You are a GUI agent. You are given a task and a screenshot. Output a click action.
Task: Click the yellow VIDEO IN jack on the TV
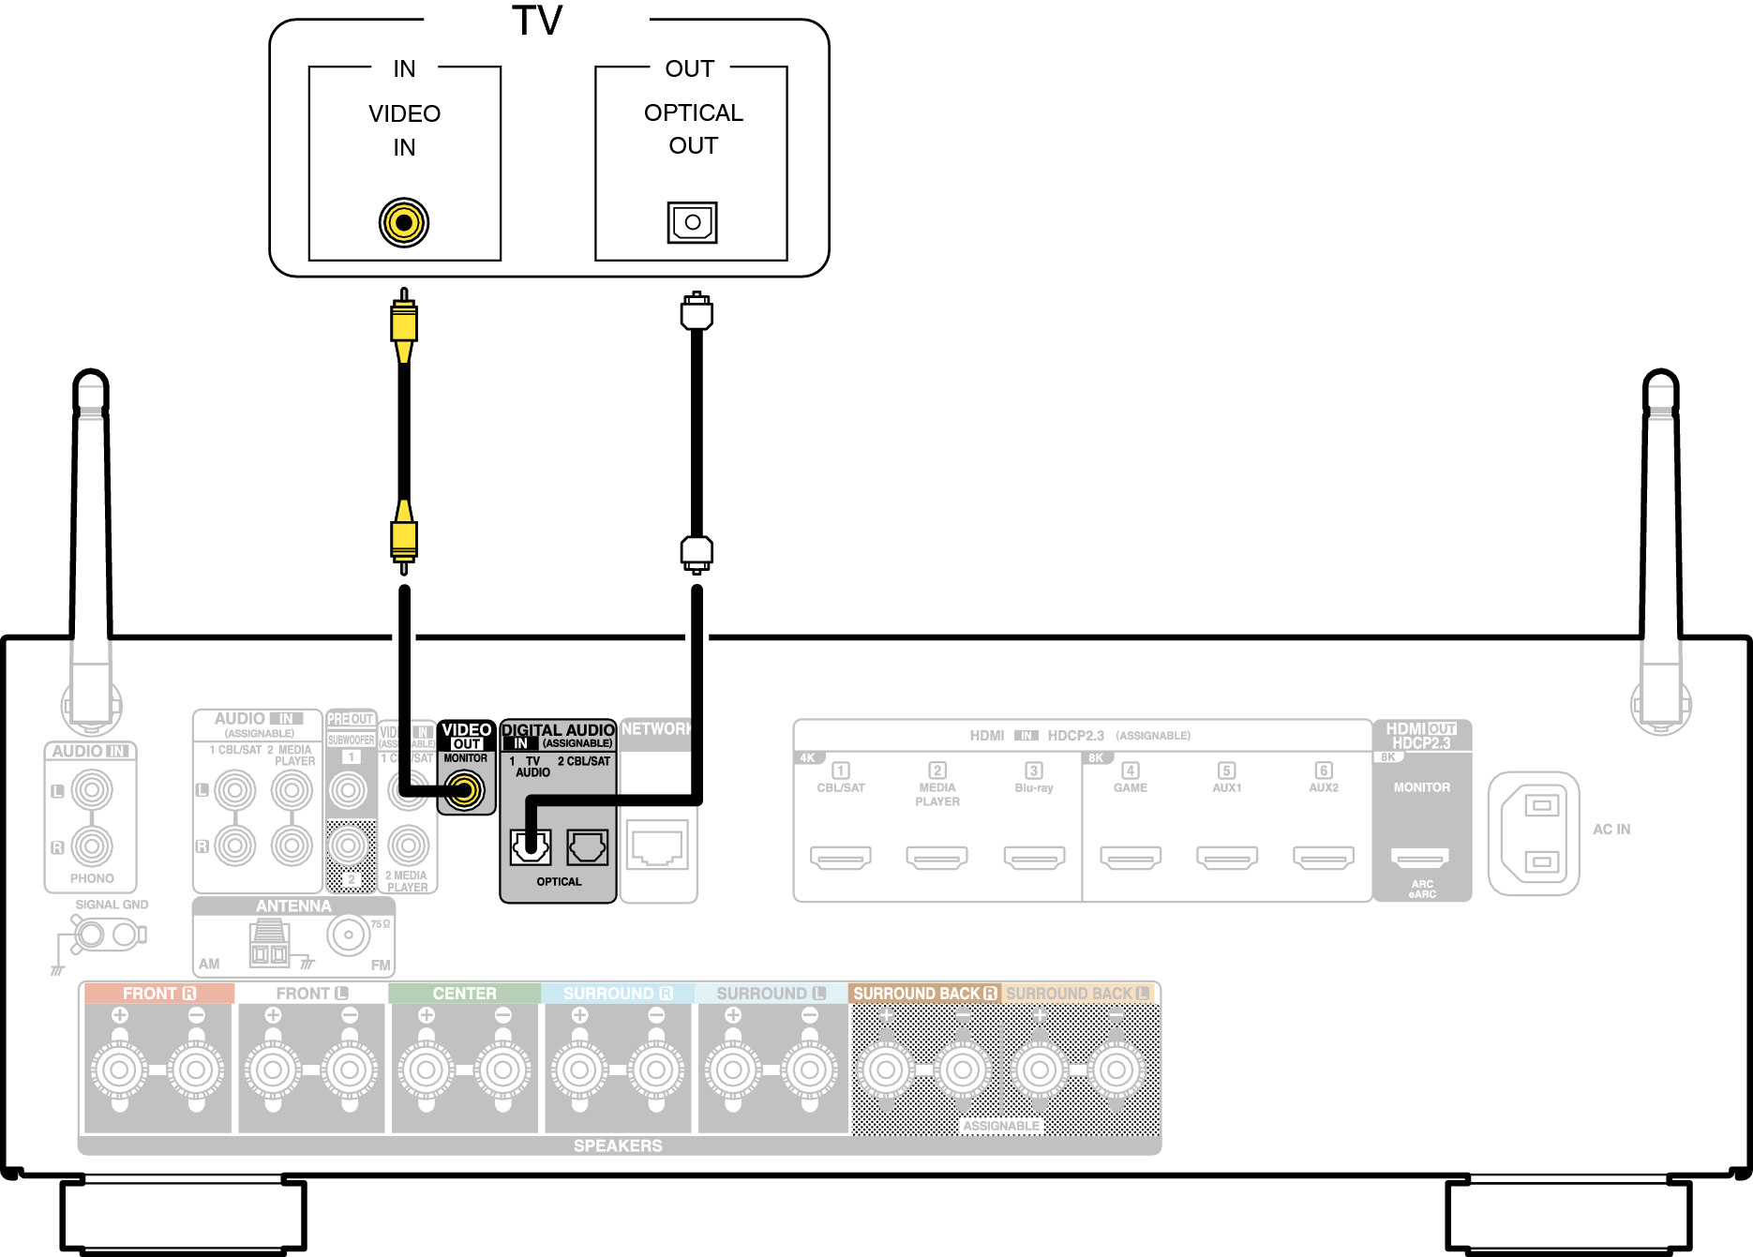(x=404, y=223)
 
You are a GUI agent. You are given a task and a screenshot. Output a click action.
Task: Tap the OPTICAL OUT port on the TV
(x=692, y=222)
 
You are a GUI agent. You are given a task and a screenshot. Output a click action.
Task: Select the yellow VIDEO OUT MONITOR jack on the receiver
(x=465, y=789)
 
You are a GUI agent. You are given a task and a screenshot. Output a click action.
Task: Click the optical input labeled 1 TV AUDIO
(x=531, y=847)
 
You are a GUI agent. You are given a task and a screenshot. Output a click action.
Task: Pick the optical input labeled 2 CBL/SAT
(x=587, y=847)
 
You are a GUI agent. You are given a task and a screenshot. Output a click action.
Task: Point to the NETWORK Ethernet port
(x=658, y=846)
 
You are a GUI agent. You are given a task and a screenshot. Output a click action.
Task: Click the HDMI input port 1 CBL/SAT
(x=841, y=856)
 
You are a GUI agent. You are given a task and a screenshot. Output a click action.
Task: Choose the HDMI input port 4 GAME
(x=1131, y=856)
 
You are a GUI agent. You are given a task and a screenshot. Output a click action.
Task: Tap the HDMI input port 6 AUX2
(x=1324, y=856)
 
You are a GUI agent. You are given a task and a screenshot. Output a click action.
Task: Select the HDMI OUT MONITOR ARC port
(x=1421, y=856)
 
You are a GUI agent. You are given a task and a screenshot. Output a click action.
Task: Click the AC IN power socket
(x=1534, y=833)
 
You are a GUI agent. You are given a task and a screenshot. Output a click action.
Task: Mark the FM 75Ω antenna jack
(x=349, y=935)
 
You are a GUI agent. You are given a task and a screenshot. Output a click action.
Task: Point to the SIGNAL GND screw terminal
(x=91, y=934)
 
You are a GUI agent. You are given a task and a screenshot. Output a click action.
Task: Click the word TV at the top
(x=537, y=21)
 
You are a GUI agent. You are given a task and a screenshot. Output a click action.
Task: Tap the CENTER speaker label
(x=464, y=994)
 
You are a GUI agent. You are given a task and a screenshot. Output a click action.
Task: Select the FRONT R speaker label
(x=158, y=994)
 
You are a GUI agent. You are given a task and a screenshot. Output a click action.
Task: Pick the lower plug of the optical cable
(x=697, y=552)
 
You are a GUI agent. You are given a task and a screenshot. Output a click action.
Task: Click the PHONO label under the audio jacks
(x=92, y=878)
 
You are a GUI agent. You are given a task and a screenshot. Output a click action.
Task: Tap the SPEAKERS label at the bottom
(x=618, y=1145)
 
